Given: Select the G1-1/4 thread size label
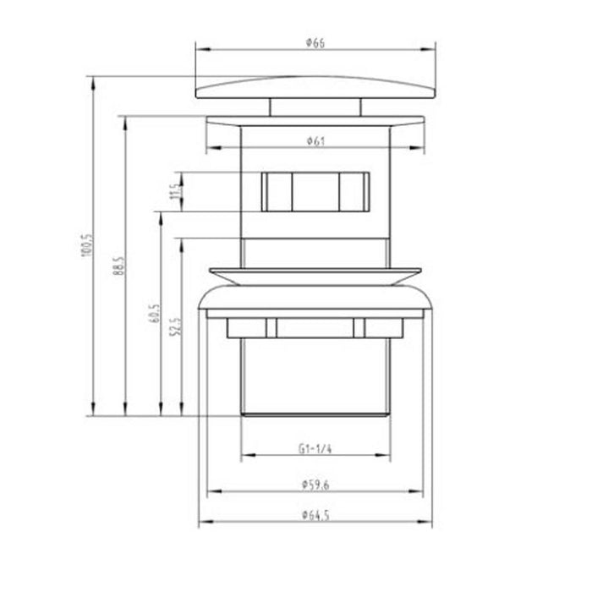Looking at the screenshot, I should click(312, 450).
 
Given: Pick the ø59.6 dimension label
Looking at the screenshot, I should click(314, 484).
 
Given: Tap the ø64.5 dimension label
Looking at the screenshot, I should click(314, 513).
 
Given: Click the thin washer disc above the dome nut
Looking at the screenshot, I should click(315, 275).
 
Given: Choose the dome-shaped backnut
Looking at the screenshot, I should click(315, 300).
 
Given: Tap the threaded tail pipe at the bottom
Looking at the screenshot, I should click(315, 372).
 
